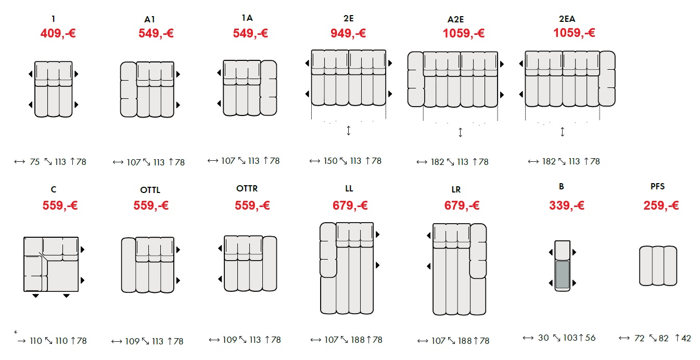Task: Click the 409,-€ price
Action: tap(58, 33)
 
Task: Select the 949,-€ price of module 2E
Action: tap(348, 33)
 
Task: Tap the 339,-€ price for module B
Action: tap(567, 205)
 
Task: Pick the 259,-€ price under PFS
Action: tap(661, 205)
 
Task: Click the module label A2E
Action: tap(455, 19)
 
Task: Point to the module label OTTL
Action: tap(150, 190)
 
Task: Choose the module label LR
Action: tap(456, 190)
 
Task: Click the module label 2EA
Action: tap(567, 19)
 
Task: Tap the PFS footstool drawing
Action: tap(658, 266)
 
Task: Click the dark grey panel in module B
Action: tap(562, 275)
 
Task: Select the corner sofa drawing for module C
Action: tap(51, 264)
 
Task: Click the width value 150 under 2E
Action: tap(330, 161)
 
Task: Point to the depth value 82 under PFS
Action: tap(664, 338)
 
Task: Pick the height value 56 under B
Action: tap(590, 338)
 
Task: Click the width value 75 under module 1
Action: tap(35, 162)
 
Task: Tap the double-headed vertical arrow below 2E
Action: tap(348, 130)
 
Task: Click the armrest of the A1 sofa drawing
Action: tap(129, 89)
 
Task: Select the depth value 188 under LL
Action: tap(358, 340)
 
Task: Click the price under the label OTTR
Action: tap(252, 205)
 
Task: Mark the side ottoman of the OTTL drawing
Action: tap(129, 265)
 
